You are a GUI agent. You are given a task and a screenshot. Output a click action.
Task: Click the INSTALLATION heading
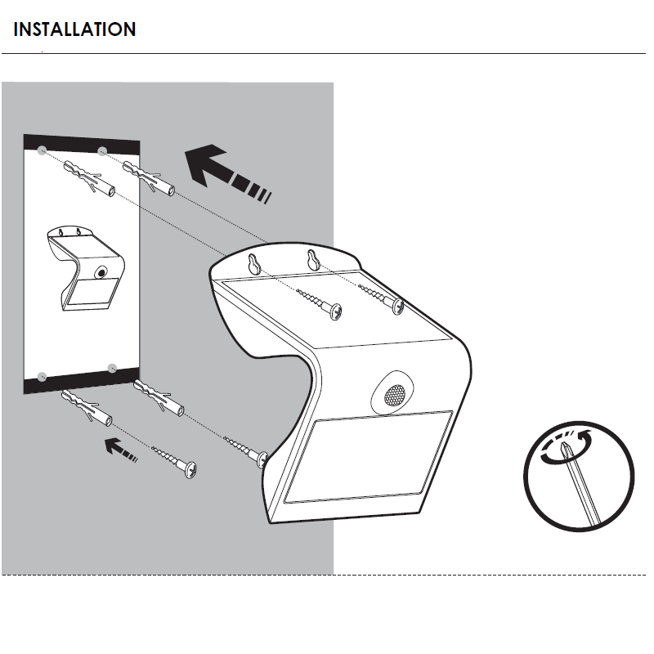(x=74, y=29)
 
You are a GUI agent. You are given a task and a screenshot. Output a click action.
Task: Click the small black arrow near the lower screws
(x=120, y=450)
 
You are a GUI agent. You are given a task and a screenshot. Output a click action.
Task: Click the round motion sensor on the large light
(x=394, y=395)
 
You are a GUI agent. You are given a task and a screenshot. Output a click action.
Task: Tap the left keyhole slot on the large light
(x=254, y=264)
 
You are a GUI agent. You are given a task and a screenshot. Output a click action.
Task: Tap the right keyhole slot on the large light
(x=313, y=259)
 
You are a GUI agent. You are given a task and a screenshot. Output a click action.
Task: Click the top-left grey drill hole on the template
(x=42, y=150)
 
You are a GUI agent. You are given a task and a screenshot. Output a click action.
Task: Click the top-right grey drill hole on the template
(x=101, y=151)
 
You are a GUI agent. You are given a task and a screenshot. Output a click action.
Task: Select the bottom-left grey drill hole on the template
(x=42, y=377)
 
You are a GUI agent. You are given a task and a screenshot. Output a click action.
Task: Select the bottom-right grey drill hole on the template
(x=112, y=368)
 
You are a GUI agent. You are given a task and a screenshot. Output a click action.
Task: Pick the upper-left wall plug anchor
(x=89, y=178)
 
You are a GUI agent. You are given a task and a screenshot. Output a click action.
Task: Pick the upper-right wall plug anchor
(x=149, y=178)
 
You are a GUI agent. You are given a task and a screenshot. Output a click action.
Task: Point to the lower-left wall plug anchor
(x=87, y=407)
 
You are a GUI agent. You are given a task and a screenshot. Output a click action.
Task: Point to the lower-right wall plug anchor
(x=159, y=398)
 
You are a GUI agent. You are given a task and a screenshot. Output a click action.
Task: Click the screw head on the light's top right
(x=398, y=307)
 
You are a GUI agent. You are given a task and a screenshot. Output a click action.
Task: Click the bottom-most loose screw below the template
(x=190, y=469)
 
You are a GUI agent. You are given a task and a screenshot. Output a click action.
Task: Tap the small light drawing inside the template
(x=87, y=268)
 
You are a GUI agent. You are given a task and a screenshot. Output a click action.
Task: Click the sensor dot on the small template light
(x=101, y=273)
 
